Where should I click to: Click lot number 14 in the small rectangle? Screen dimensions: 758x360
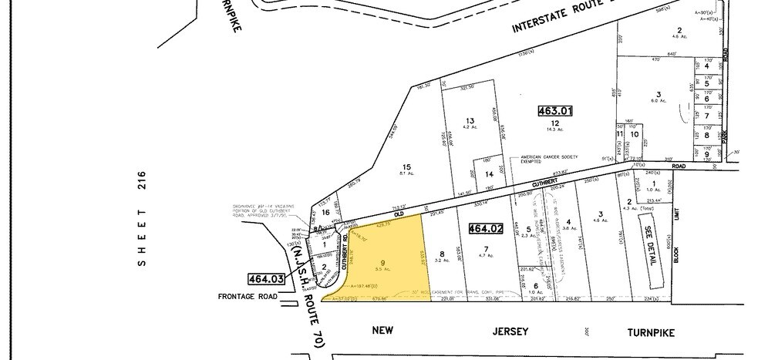488,174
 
